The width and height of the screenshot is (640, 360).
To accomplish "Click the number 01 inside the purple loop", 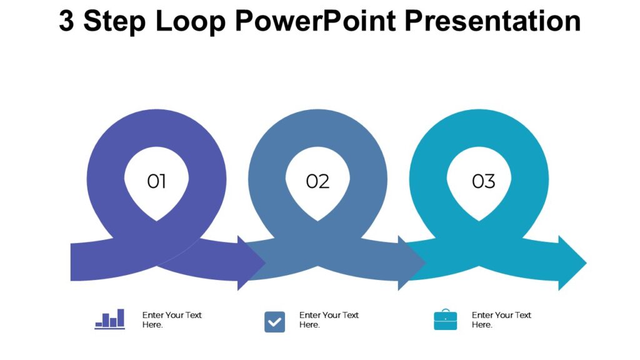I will coord(156,182).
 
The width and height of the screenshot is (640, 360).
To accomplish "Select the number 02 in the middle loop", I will coord(317,182).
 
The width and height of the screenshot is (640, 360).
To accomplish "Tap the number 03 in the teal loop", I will coord(483,182).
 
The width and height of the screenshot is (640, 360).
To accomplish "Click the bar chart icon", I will coord(110,319).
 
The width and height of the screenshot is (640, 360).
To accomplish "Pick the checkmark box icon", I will coord(274,322).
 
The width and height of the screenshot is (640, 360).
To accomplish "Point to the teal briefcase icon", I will coord(445,320).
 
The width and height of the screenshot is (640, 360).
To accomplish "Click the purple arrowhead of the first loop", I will coord(252,263).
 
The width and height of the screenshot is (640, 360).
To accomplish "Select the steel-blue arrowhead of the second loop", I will coord(412,263).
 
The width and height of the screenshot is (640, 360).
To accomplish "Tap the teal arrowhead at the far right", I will coord(572,263).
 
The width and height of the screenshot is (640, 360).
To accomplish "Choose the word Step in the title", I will coord(115,21).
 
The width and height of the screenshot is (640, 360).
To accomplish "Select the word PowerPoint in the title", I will coord(316,21).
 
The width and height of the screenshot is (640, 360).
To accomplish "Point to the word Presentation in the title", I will coord(493,21).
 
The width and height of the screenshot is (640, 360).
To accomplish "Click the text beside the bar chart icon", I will coord(172,320).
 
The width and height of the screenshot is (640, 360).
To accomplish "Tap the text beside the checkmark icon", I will coord(329,320).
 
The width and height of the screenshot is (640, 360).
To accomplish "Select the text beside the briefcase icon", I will coord(501,320).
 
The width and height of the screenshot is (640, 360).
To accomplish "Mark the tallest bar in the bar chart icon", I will coord(121,317).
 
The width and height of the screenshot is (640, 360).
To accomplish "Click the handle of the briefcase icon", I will coord(445,311).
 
